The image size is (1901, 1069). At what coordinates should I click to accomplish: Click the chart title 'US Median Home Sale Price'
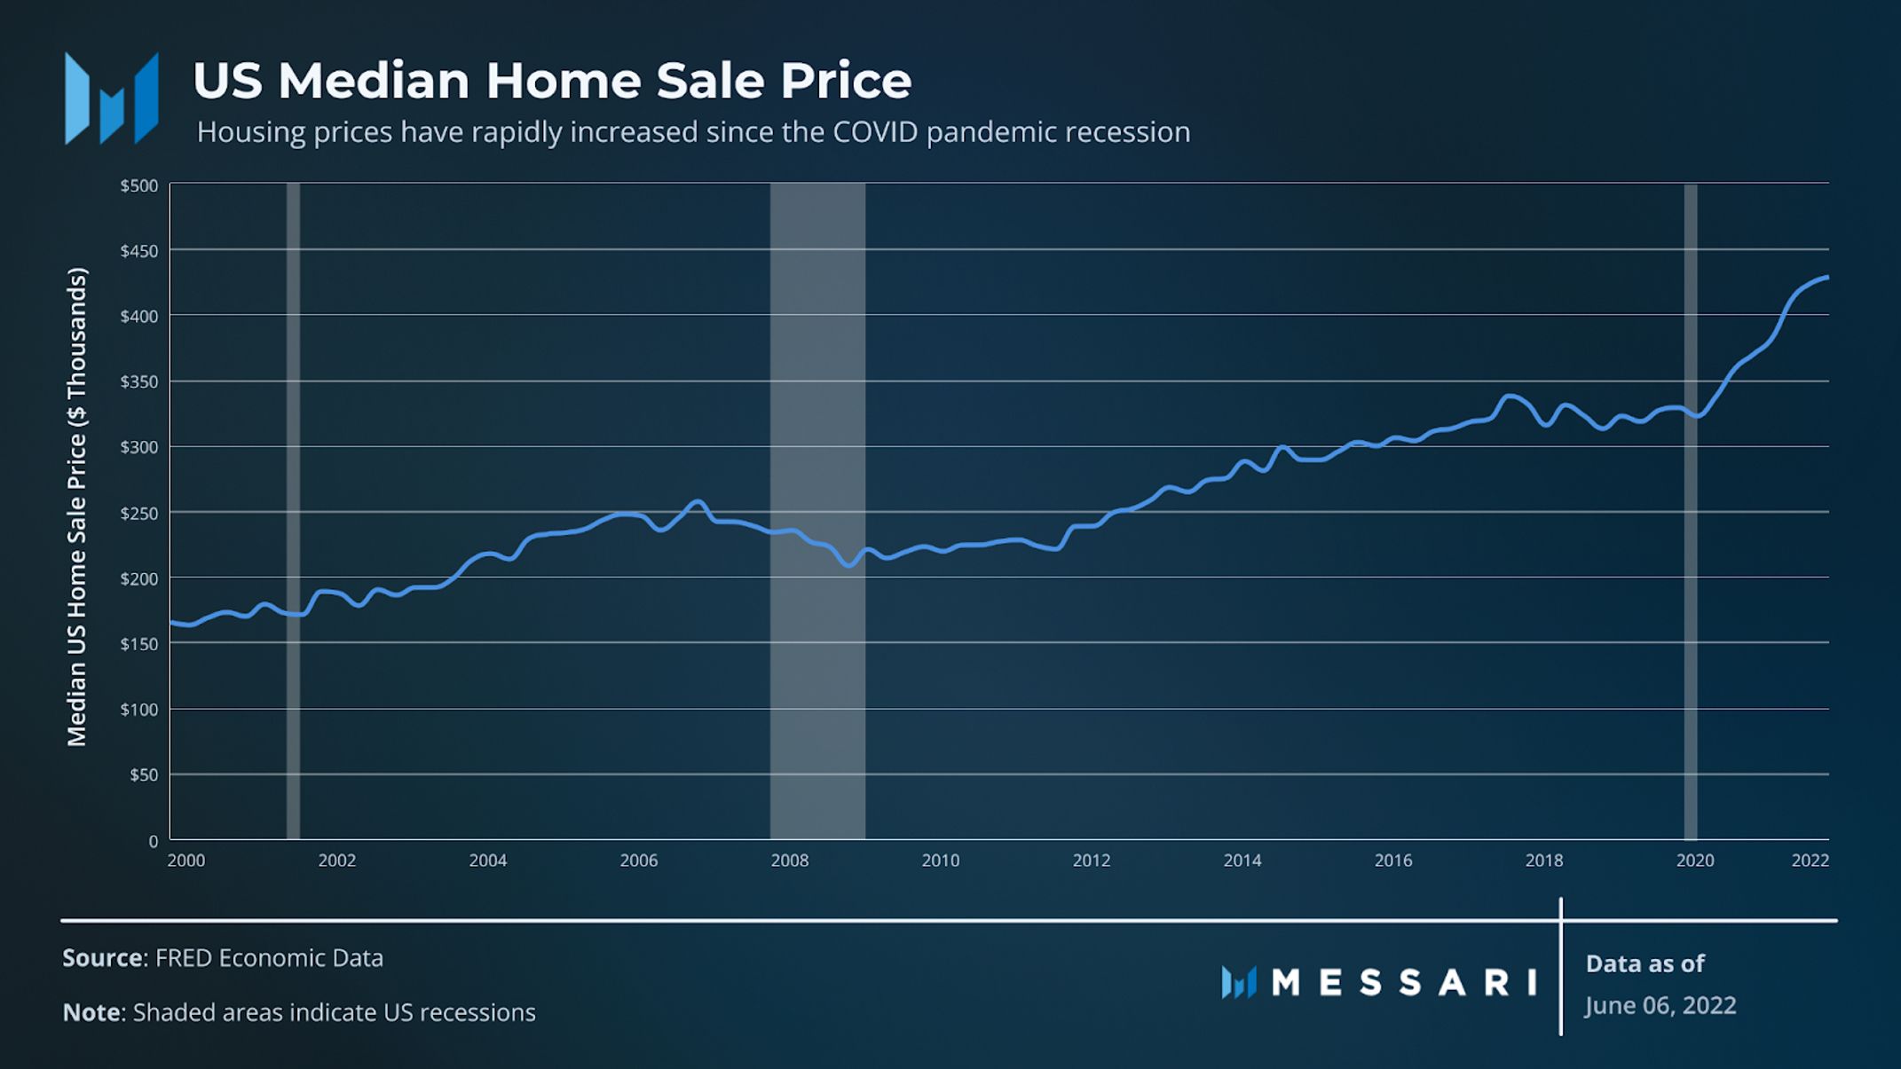551,81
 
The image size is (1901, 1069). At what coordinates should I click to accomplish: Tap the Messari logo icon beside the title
112,98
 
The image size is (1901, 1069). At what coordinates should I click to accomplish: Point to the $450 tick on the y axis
139,251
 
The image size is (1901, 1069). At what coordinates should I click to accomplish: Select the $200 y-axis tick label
139,579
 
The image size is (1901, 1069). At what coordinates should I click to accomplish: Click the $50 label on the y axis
144,775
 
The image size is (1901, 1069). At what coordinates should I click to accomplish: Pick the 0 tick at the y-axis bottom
153,841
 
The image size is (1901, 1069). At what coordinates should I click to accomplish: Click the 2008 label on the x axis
789,861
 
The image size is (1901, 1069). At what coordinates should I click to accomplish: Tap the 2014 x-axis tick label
1242,861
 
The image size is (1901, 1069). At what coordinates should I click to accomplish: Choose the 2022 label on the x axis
1810,861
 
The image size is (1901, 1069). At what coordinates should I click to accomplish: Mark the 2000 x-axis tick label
185,861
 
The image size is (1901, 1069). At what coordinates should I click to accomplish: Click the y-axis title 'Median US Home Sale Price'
77,507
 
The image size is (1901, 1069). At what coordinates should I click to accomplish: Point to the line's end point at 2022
1826,278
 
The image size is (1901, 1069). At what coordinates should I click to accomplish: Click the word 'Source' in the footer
102,958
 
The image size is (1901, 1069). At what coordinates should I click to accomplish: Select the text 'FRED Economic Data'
269,958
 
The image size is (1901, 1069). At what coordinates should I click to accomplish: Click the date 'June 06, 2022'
1660,1006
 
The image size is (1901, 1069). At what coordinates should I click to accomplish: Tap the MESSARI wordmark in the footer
1403,982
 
